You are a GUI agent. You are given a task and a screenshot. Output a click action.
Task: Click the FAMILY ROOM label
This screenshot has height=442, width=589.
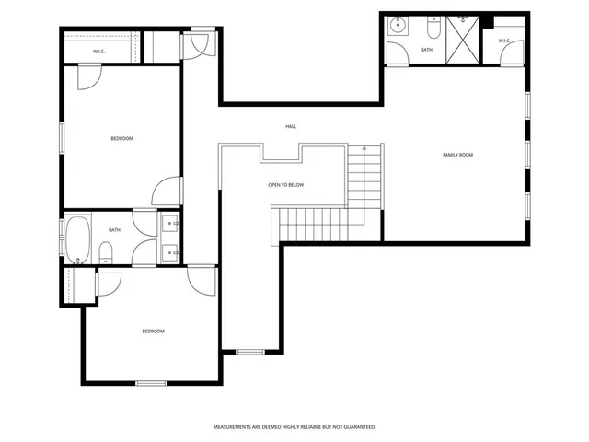coord(457,155)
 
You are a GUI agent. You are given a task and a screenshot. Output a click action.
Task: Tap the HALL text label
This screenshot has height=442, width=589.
coord(291,126)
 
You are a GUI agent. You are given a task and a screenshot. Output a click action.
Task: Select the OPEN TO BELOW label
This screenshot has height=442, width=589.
coord(286,185)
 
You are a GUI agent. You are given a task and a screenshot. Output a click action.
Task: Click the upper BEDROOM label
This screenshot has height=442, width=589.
coord(121,139)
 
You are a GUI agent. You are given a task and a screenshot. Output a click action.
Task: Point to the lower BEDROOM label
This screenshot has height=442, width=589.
coord(153,331)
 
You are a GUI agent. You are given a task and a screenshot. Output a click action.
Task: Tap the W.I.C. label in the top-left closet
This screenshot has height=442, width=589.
coord(98,52)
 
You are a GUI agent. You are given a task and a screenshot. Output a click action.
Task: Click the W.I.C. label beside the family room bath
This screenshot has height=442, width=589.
coord(505,41)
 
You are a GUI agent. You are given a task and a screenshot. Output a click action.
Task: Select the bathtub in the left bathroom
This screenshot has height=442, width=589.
coord(76,238)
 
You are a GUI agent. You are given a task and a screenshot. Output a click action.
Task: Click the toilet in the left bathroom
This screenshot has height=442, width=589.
coord(105,251)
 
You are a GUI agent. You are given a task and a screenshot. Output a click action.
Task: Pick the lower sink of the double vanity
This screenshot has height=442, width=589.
coord(170,251)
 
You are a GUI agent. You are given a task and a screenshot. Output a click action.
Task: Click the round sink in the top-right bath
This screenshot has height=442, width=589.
coord(398,26)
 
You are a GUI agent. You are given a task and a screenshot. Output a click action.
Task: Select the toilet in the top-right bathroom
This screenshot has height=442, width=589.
coord(435,27)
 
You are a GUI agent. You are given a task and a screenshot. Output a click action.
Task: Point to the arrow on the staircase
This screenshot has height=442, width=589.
coord(364,149)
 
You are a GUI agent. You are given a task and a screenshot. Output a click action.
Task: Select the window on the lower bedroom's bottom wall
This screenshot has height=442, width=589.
coord(151,382)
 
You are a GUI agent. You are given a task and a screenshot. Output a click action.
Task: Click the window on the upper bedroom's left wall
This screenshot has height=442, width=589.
coord(62,138)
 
